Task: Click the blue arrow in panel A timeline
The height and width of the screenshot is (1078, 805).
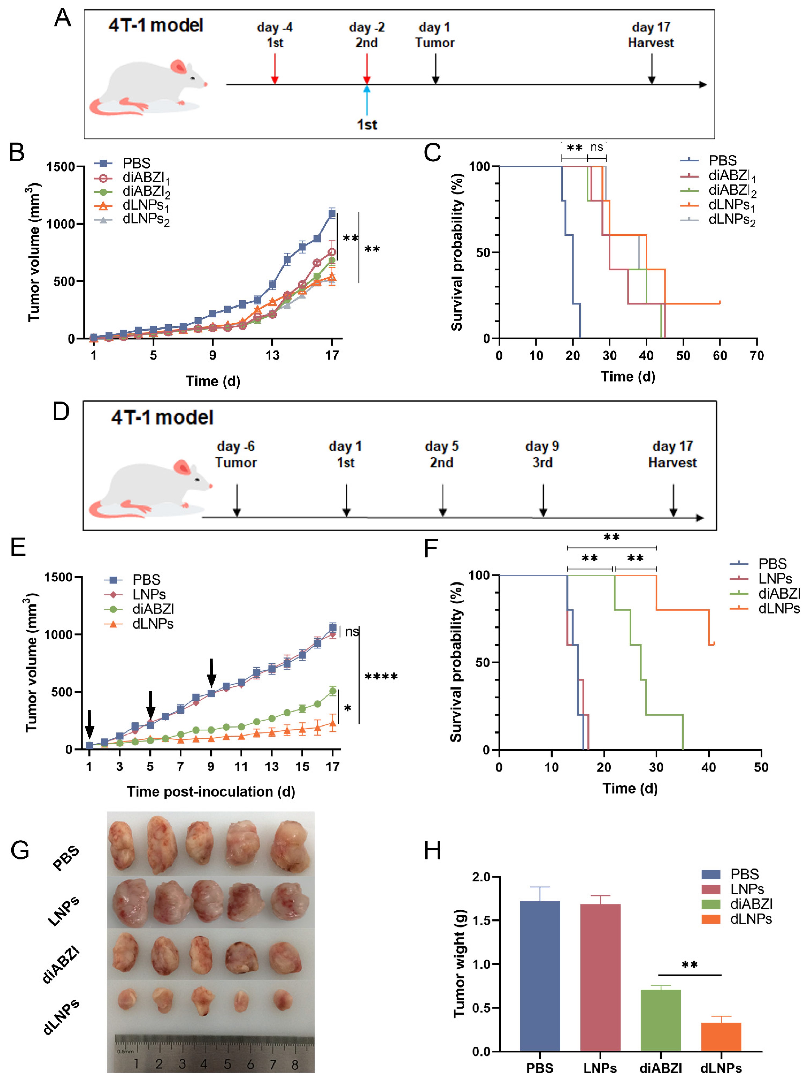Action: click(x=367, y=100)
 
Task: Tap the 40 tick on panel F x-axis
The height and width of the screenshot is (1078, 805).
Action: click(x=708, y=767)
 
